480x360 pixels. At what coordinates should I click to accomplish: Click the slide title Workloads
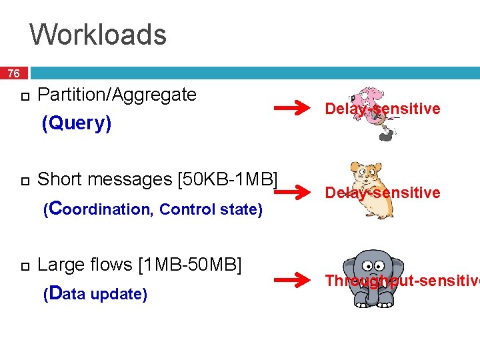pos(98,35)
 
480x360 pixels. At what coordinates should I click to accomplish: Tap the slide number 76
pos(14,73)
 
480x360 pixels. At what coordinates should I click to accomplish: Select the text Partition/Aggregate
pos(117,95)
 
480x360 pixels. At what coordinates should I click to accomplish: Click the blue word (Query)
pos(77,123)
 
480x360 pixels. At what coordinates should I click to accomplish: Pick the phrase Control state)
pos(211,209)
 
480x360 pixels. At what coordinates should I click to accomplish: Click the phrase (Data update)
pos(95,294)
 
